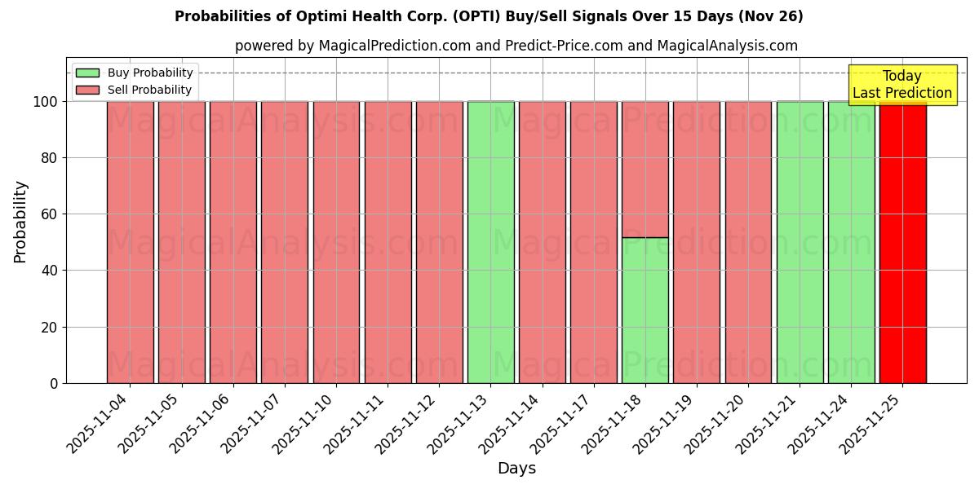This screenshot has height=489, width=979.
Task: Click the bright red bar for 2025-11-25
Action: point(902,244)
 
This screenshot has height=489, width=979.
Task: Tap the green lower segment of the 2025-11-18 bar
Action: point(645,310)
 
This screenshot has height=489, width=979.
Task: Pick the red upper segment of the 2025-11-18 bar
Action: point(645,169)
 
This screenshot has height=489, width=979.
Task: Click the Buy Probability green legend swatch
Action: point(87,73)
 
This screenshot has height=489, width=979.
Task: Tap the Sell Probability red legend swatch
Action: point(87,90)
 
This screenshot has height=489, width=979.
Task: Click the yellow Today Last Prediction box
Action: point(902,85)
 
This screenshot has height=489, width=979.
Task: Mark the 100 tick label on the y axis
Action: point(46,102)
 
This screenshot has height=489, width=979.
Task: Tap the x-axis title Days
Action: point(516,469)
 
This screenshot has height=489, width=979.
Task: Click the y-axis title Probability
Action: point(20,222)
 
